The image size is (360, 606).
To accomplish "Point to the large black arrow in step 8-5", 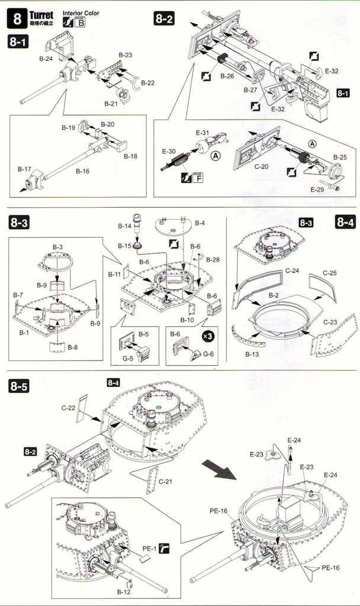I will tap(217, 472).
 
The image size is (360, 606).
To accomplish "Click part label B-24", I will tap(46, 59).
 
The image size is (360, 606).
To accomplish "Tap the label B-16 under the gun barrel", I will tap(82, 170).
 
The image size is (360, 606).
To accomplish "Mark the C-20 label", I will tap(261, 166).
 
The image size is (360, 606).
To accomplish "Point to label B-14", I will tap(124, 227).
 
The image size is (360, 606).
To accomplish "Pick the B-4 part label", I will tap(199, 223).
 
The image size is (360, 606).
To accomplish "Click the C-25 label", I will tap(329, 273).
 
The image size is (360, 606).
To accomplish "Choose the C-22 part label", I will tap(69, 407).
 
